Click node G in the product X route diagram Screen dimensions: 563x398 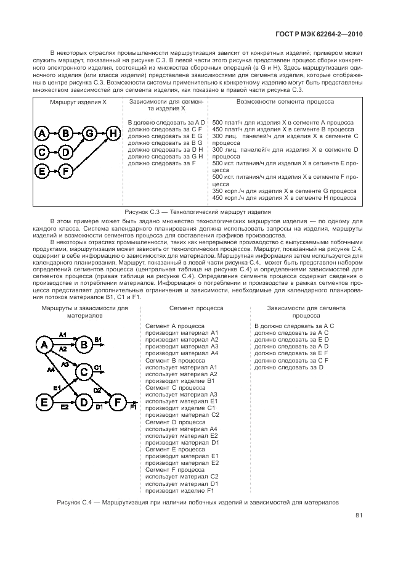point(90,133)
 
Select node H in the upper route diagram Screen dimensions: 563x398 point(113,133)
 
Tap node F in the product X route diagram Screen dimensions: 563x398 point(66,171)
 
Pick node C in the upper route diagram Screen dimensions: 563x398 point(42,152)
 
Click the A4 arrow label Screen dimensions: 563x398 point(50,371)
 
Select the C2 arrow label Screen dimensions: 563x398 point(97,390)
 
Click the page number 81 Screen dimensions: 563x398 point(359,517)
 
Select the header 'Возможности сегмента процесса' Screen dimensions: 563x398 point(285,100)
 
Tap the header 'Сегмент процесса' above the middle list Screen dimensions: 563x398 point(196,307)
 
